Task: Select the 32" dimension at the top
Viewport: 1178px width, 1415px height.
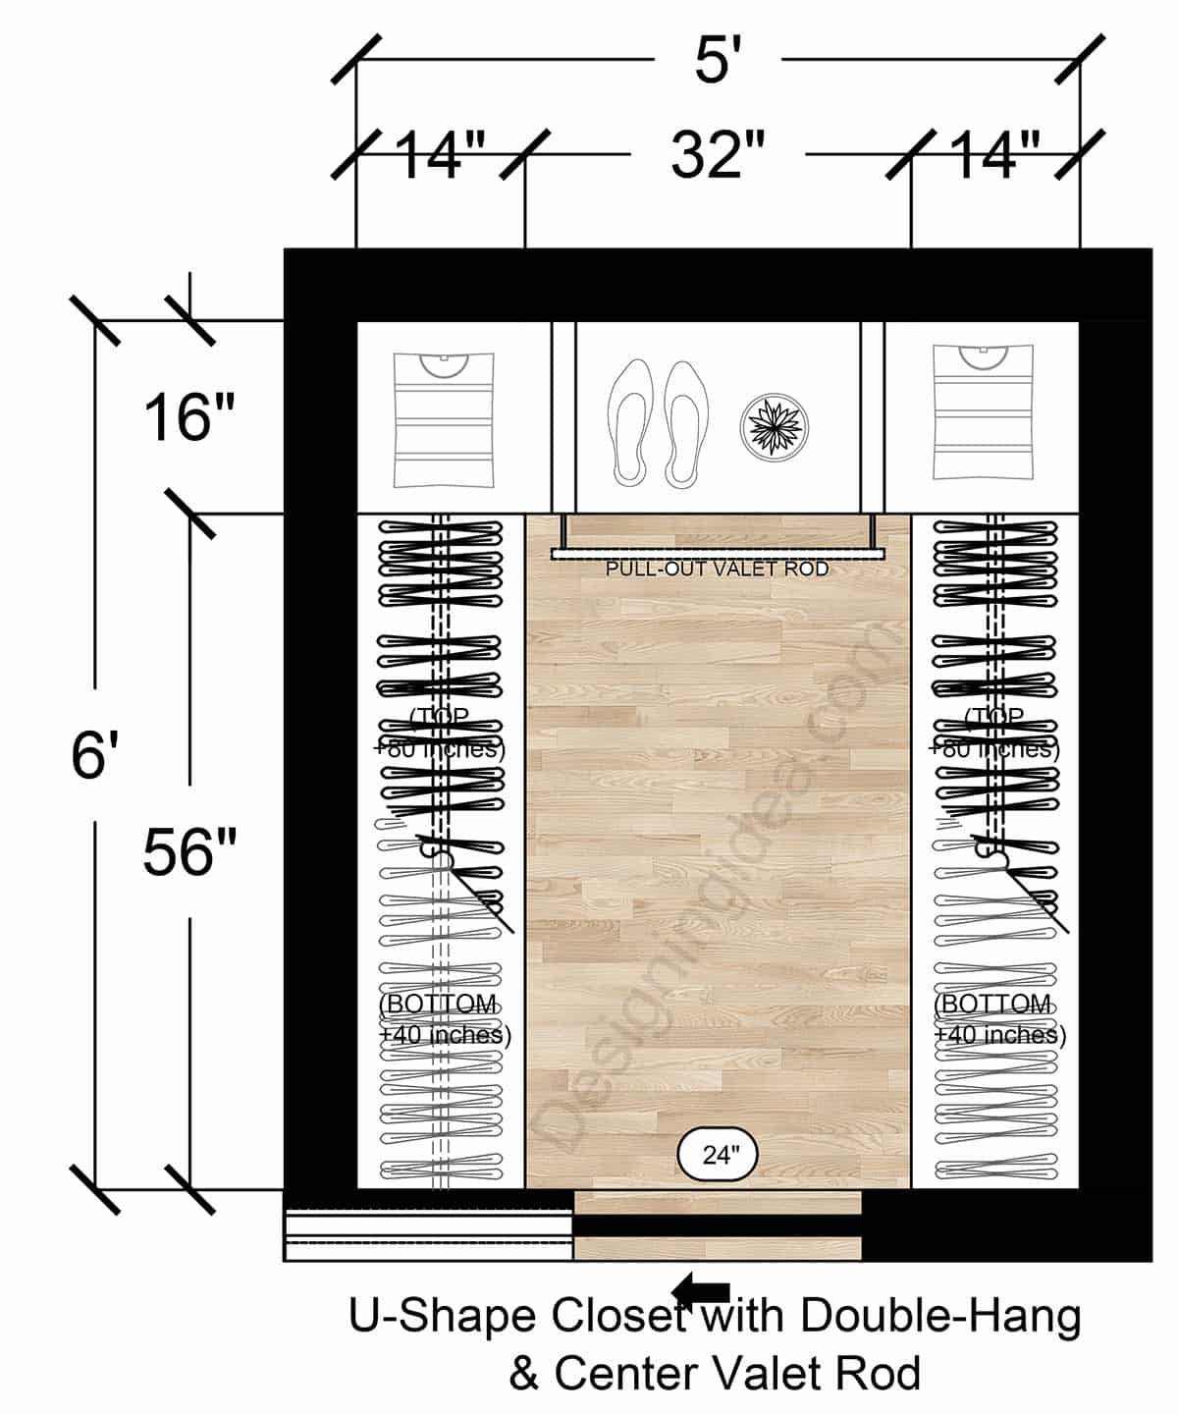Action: pos(717,154)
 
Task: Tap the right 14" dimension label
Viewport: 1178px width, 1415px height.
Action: pos(994,155)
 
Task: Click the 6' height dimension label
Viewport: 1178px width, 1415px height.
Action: pos(94,757)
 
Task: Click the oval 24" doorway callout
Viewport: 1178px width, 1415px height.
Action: pos(719,1155)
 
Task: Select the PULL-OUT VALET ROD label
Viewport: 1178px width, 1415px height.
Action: pos(717,570)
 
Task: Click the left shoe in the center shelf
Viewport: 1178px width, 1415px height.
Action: pos(629,422)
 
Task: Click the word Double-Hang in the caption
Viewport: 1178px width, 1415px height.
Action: pos(940,1317)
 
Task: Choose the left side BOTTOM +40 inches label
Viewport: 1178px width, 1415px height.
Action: pos(444,1019)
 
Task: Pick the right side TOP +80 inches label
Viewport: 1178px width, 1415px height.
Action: pos(994,733)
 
